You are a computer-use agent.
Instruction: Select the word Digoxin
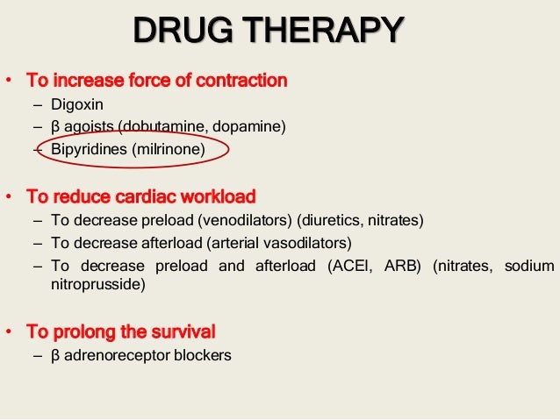pyautogui.click(x=77, y=106)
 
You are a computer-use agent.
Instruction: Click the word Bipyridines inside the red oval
pyautogui.click(x=89, y=150)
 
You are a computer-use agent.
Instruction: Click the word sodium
pyautogui.click(x=531, y=266)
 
